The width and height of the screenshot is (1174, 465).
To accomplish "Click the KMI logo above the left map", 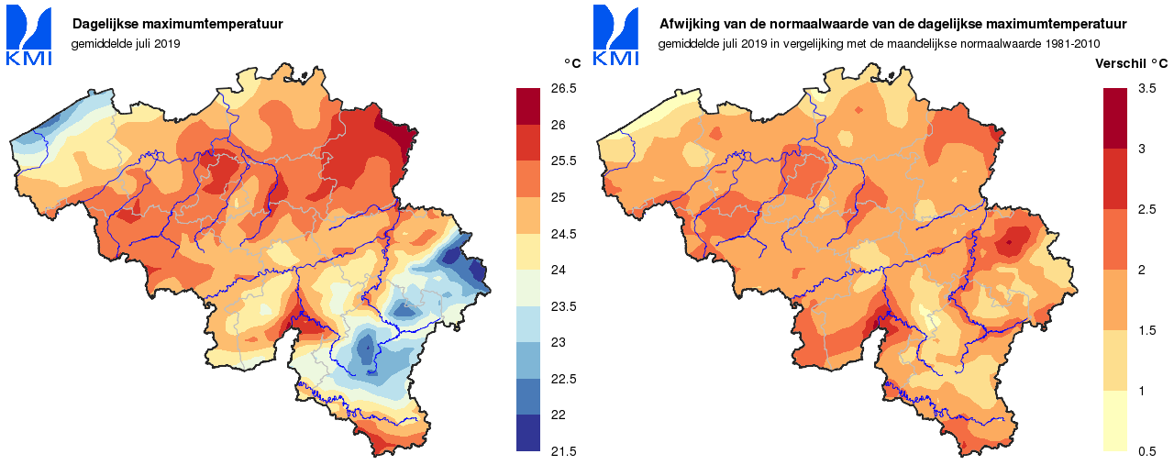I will point(28,36).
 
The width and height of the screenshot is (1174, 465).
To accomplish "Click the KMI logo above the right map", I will point(615,36).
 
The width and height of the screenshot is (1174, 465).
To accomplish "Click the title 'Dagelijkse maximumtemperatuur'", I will point(164,25).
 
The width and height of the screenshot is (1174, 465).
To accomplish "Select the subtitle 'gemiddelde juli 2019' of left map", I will point(126,43).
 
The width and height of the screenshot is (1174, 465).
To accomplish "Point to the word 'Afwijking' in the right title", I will point(689,25).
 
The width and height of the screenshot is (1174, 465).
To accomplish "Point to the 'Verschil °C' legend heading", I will point(1132,64).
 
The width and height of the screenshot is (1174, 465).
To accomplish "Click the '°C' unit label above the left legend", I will point(571,63).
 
